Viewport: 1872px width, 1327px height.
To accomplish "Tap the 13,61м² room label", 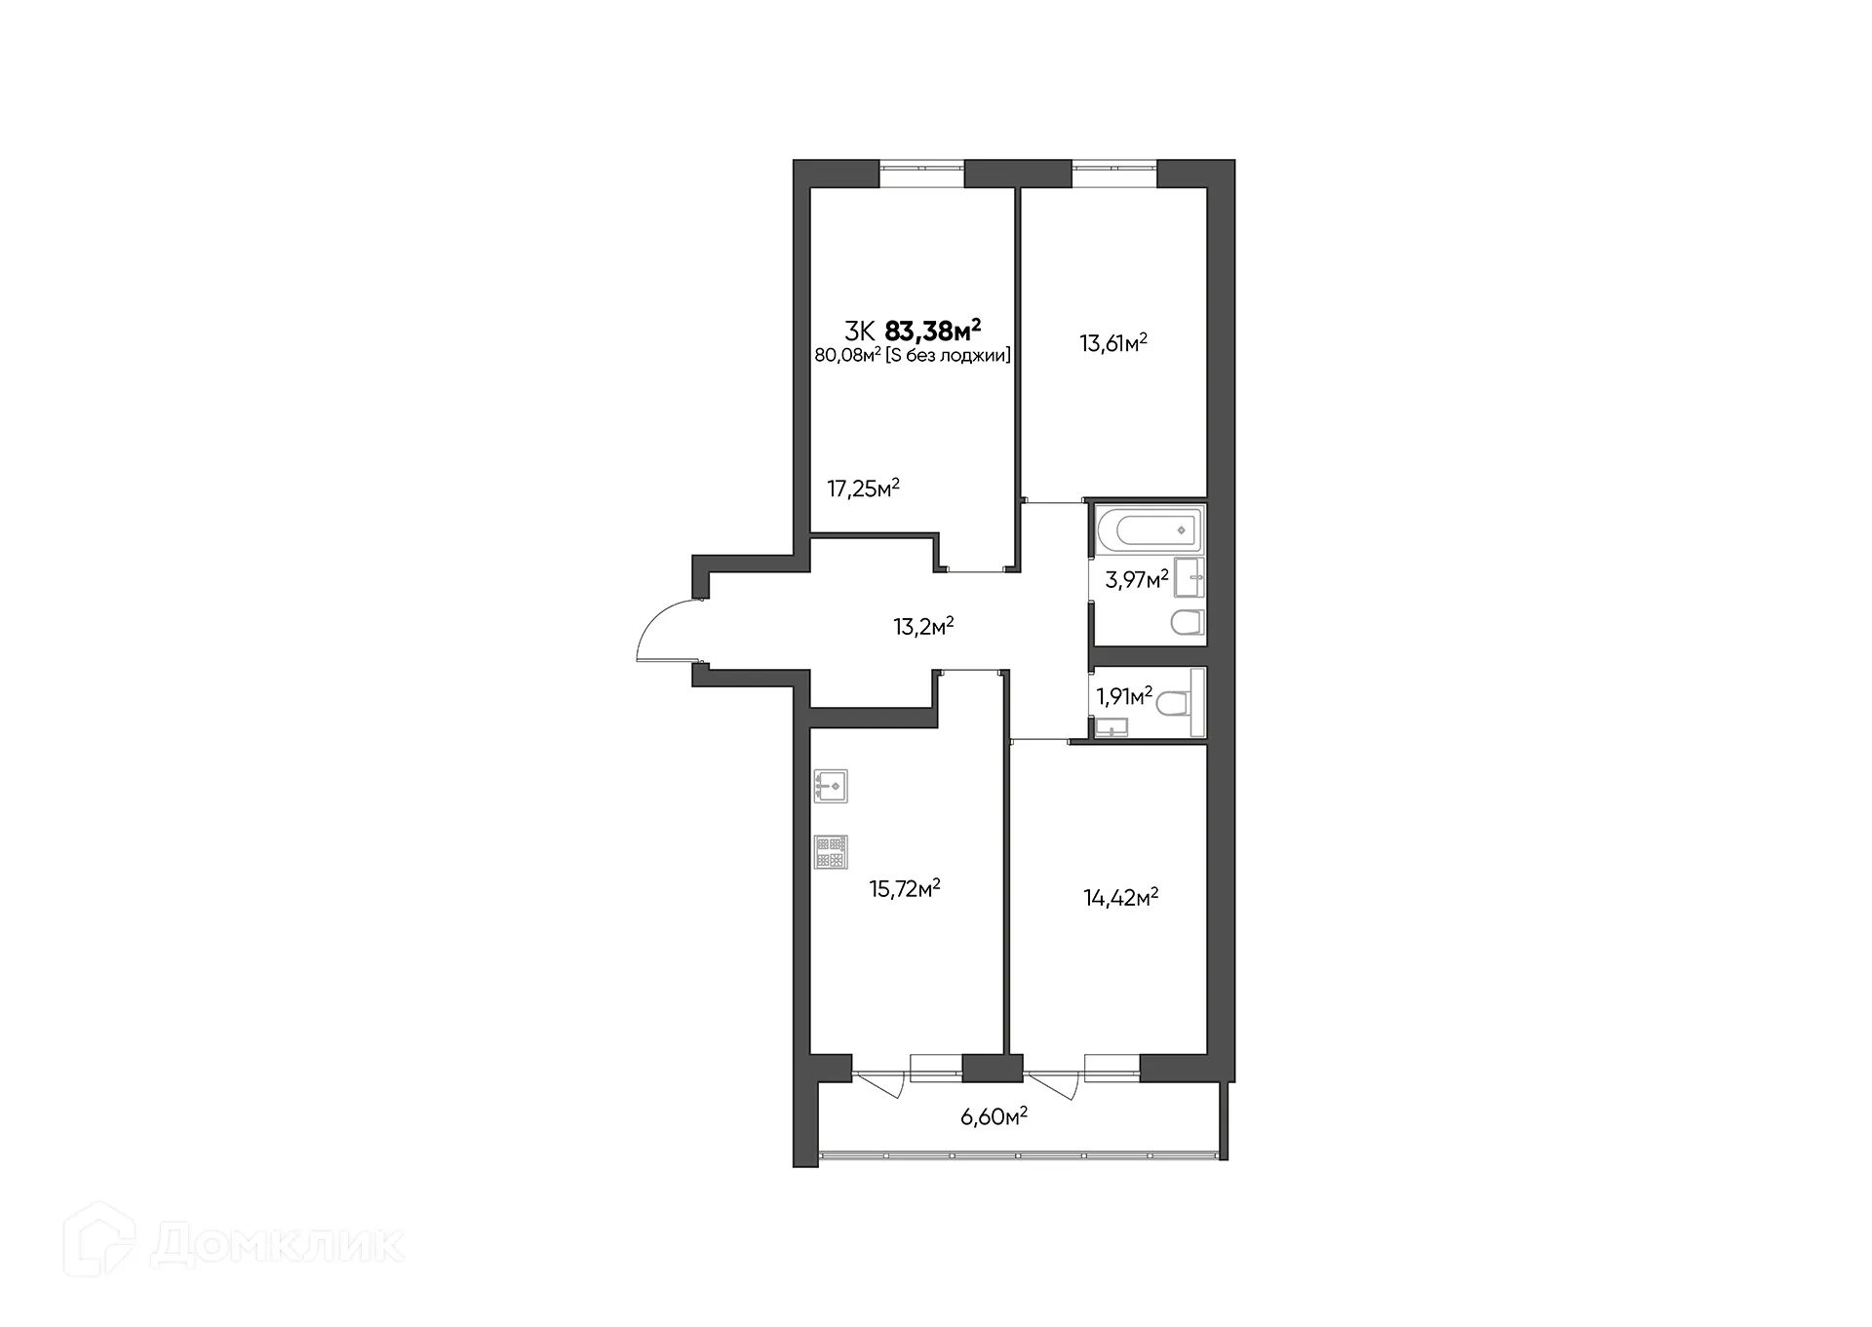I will [x=1112, y=343].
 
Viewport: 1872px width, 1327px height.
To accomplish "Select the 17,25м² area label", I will [x=863, y=488].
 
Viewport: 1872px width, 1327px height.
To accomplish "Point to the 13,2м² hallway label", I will [x=923, y=626].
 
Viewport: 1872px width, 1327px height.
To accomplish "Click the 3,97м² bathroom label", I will [x=1136, y=580].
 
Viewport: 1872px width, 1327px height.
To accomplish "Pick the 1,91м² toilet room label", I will [x=1123, y=696].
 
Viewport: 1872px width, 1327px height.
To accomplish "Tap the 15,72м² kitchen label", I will [x=904, y=888].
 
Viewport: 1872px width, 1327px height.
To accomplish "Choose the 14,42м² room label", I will [x=1120, y=897].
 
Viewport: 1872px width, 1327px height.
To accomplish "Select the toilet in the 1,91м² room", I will [x=1174, y=703].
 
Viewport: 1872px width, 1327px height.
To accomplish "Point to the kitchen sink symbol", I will [x=831, y=786].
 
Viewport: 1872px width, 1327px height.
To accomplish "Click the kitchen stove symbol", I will [x=831, y=851].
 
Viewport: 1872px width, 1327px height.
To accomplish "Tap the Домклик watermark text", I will [x=278, y=1245].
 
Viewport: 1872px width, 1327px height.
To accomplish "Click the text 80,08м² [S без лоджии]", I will [x=912, y=356].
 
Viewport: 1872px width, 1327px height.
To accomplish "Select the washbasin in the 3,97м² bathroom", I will [x=1189, y=578].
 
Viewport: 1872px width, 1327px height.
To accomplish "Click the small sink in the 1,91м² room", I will [x=1111, y=725].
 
